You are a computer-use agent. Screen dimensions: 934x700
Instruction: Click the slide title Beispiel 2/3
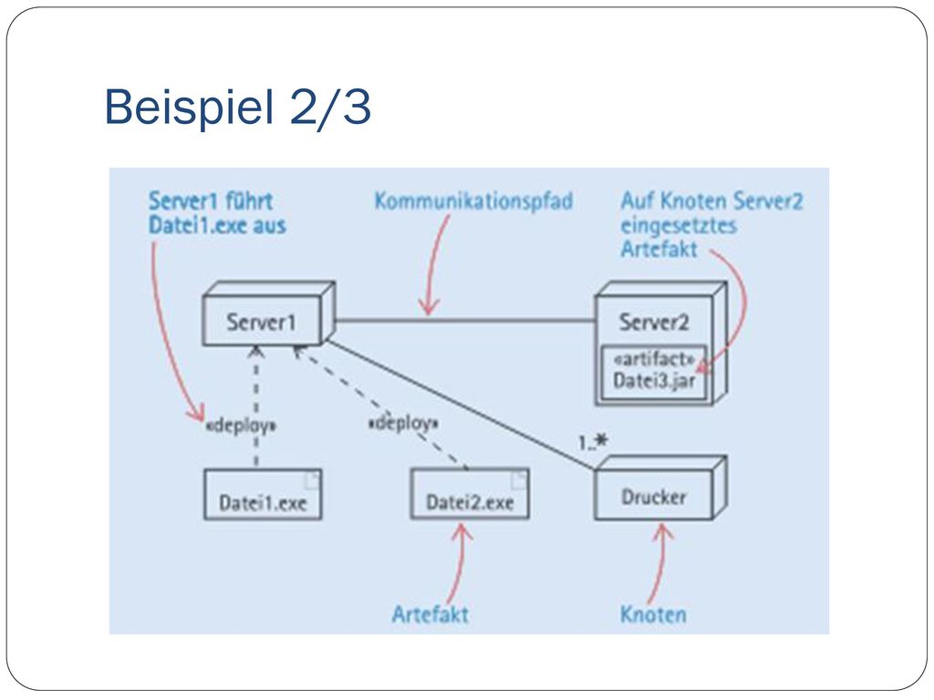tap(238, 107)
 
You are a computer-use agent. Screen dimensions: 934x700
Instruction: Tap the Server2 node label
tap(653, 322)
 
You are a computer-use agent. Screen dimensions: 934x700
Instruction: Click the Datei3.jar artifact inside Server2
tap(654, 372)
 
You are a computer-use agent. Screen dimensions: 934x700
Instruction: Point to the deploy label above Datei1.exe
tap(241, 427)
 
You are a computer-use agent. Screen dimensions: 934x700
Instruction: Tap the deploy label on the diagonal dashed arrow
tap(404, 424)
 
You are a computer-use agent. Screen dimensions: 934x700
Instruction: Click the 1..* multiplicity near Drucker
tap(593, 442)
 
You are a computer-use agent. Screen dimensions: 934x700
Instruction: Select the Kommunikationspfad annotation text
tap(473, 201)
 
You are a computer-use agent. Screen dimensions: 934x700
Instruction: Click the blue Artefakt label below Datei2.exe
tap(431, 614)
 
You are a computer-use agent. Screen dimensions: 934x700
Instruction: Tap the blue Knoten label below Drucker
tap(653, 614)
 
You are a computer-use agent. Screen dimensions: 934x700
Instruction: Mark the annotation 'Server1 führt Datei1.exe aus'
tap(217, 213)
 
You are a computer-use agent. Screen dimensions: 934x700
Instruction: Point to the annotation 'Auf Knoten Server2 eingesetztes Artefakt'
tap(711, 224)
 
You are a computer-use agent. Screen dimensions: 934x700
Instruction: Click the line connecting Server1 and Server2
tap(465, 321)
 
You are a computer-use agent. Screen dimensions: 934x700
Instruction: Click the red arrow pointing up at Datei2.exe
tap(460, 562)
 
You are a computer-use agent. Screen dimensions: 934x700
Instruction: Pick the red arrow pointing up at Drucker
tap(660, 562)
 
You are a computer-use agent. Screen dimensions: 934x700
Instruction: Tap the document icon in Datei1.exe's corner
tap(312, 479)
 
